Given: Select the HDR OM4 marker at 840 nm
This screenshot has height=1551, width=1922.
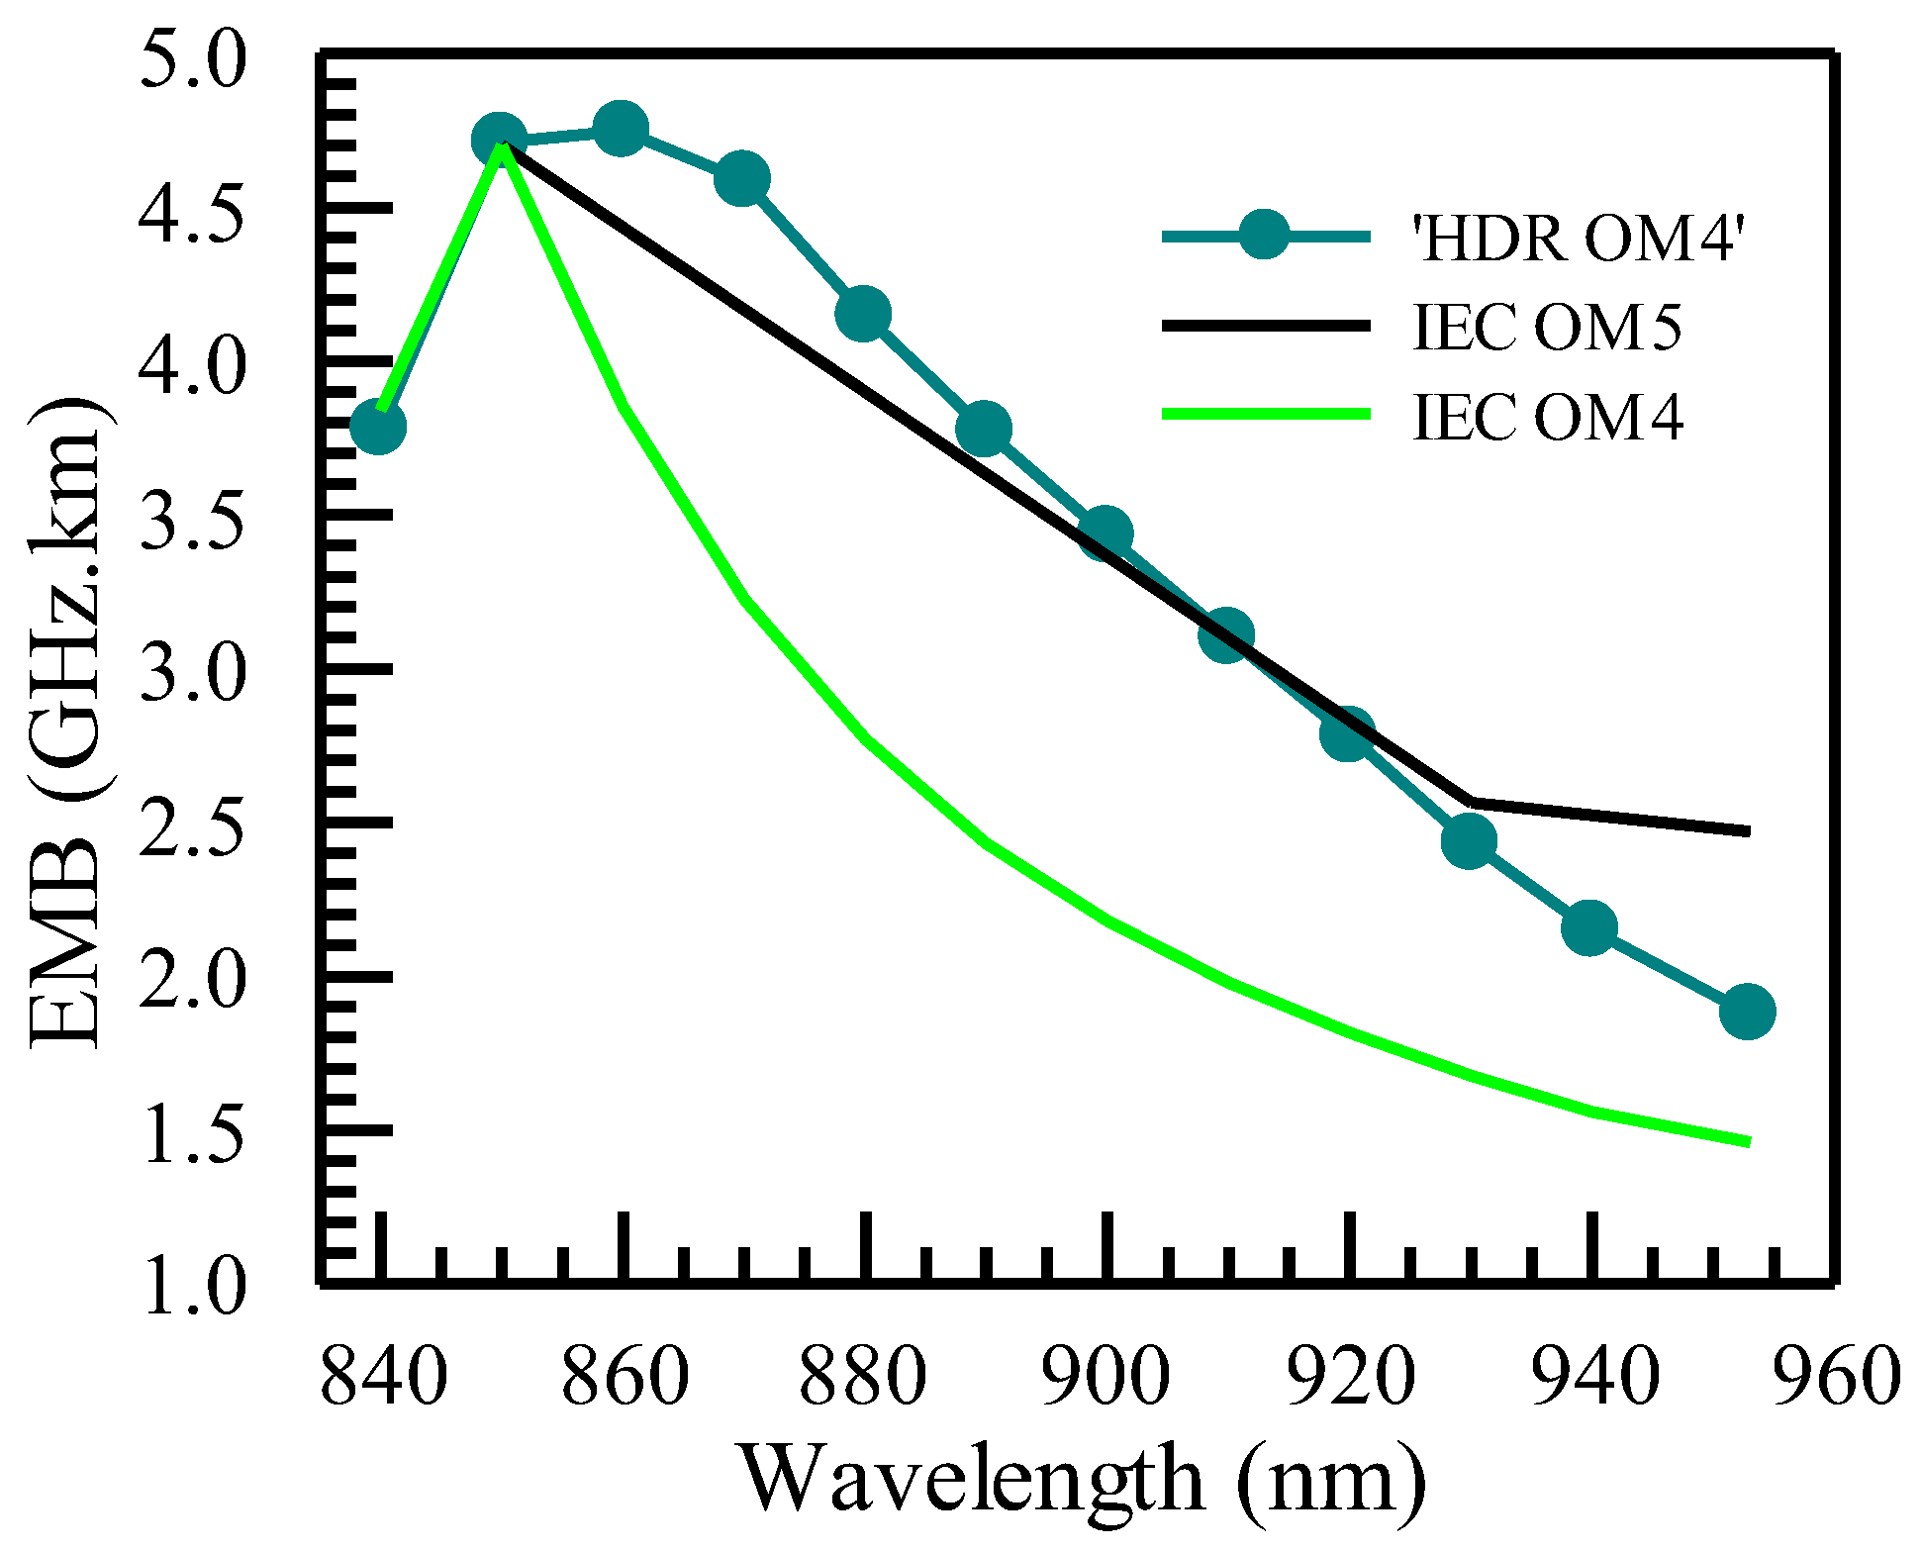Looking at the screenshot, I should pyautogui.click(x=378, y=427).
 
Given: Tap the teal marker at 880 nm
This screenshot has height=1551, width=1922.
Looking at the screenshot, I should pyautogui.click(x=863, y=314).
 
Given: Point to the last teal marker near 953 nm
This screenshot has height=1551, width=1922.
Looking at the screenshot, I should pyautogui.click(x=1747, y=1012).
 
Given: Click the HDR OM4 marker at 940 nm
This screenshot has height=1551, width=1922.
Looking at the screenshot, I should pyautogui.click(x=1589, y=927).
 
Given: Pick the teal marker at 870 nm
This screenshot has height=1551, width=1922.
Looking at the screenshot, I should pyautogui.click(x=741, y=179).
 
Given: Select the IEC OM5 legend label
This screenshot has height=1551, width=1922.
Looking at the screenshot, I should pyautogui.click(x=1547, y=327).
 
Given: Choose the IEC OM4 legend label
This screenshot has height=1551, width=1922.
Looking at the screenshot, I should pyautogui.click(x=1547, y=416).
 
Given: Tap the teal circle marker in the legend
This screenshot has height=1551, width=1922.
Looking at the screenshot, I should pyautogui.click(x=1264, y=235).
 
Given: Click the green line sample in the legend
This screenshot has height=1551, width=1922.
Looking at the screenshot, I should pyautogui.click(x=1266, y=414).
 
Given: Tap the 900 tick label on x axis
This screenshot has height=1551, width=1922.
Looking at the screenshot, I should pyautogui.click(x=1106, y=1377).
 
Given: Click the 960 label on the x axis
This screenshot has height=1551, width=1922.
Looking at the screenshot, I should pyautogui.click(x=1836, y=1377).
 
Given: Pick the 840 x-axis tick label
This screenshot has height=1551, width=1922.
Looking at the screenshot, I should pyautogui.click(x=384, y=1377).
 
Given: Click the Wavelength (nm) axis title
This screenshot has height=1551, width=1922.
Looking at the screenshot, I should pyautogui.click(x=1084, y=1481).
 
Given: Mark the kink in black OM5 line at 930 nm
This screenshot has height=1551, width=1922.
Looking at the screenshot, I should pyautogui.click(x=1470, y=800).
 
